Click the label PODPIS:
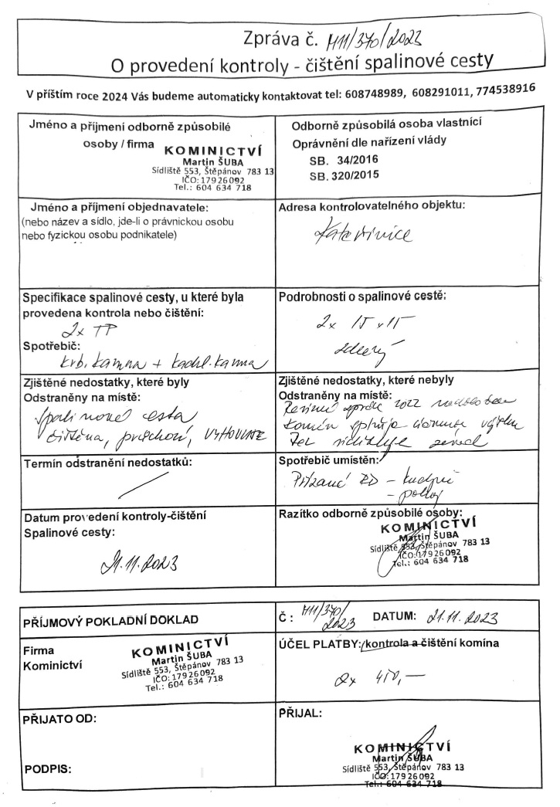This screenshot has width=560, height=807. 46,768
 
